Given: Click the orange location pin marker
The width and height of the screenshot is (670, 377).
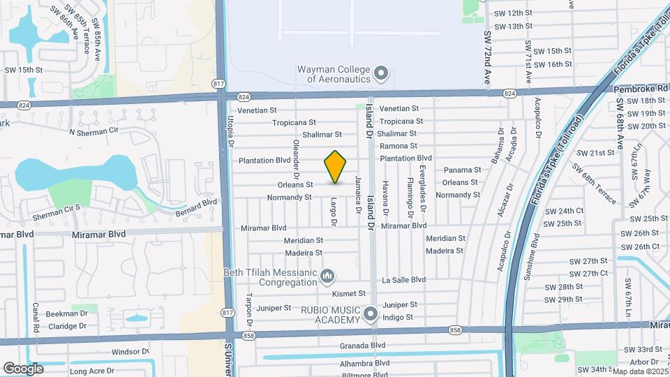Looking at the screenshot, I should click(x=335, y=166).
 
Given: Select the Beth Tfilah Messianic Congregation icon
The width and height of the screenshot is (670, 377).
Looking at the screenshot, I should click(x=327, y=278).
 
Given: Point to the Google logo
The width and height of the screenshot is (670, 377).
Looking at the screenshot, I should click(x=23, y=368).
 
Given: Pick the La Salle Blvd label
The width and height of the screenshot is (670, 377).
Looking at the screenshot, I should click(x=403, y=280).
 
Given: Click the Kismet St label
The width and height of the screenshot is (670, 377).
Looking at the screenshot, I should click(x=349, y=294).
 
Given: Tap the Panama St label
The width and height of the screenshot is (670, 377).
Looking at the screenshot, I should click(x=462, y=170).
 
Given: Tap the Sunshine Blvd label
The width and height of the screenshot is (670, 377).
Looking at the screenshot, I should click(x=536, y=251).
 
